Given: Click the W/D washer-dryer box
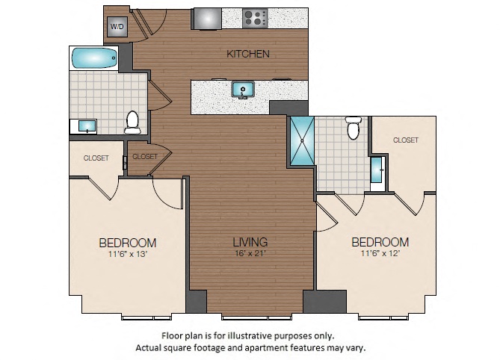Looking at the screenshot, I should (117, 27).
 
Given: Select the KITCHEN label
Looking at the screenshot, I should (248, 54).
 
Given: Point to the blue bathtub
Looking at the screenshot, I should (93, 58).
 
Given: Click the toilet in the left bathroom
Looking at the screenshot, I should (133, 121).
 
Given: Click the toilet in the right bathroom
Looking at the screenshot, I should (353, 128).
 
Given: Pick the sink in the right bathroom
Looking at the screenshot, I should (378, 170).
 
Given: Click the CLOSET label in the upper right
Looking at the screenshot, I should (405, 140).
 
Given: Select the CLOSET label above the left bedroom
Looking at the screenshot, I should (96, 158).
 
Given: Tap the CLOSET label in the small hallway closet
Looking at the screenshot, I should (145, 156).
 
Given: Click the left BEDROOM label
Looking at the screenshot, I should (128, 242).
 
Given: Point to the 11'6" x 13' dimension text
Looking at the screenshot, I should (128, 254).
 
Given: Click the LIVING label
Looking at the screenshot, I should (250, 242).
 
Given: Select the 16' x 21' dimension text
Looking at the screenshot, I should (250, 254).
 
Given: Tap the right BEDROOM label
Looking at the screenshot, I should (380, 242).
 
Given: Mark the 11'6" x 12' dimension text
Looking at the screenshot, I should (380, 254).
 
